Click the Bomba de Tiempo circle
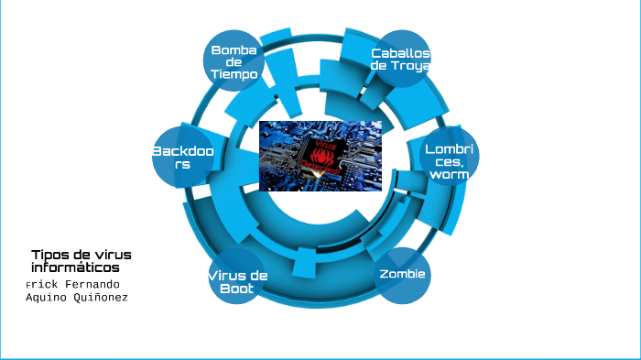pyautogui.click(x=234, y=61)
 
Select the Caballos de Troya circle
pyautogui.click(x=400, y=59)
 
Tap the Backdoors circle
pyautogui.click(x=183, y=157)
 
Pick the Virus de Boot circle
pyautogui.click(x=236, y=279)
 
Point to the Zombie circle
pyautogui.click(x=403, y=275)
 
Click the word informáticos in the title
pyautogui.click(x=75, y=268)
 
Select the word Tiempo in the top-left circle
pyautogui.click(x=234, y=74)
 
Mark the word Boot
pyautogui.click(x=236, y=289)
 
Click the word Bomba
pyautogui.click(x=234, y=49)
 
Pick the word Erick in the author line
pyautogui.click(x=41, y=284)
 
